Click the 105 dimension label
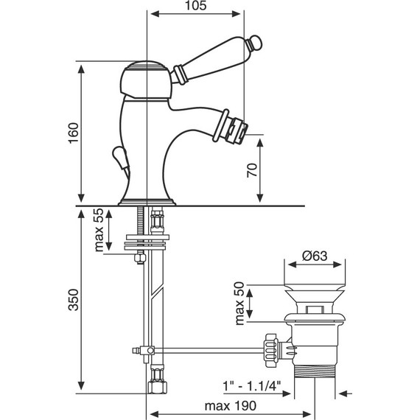pyautogui.click(x=196, y=6)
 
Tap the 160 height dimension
pyautogui.click(x=74, y=133)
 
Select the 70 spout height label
pyautogui.click(x=252, y=170)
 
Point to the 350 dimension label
pyautogui.click(x=74, y=300)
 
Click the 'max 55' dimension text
pyautogui.click(x=99, y=230)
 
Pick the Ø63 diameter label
pyautogui.click(x=315, y=256)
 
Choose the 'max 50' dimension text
pyautogui.click(x=240, y=304)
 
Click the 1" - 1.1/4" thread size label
pyautogui.click(x=252, y=386)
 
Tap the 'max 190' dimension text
pyautogui.click(x=231, y=406)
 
